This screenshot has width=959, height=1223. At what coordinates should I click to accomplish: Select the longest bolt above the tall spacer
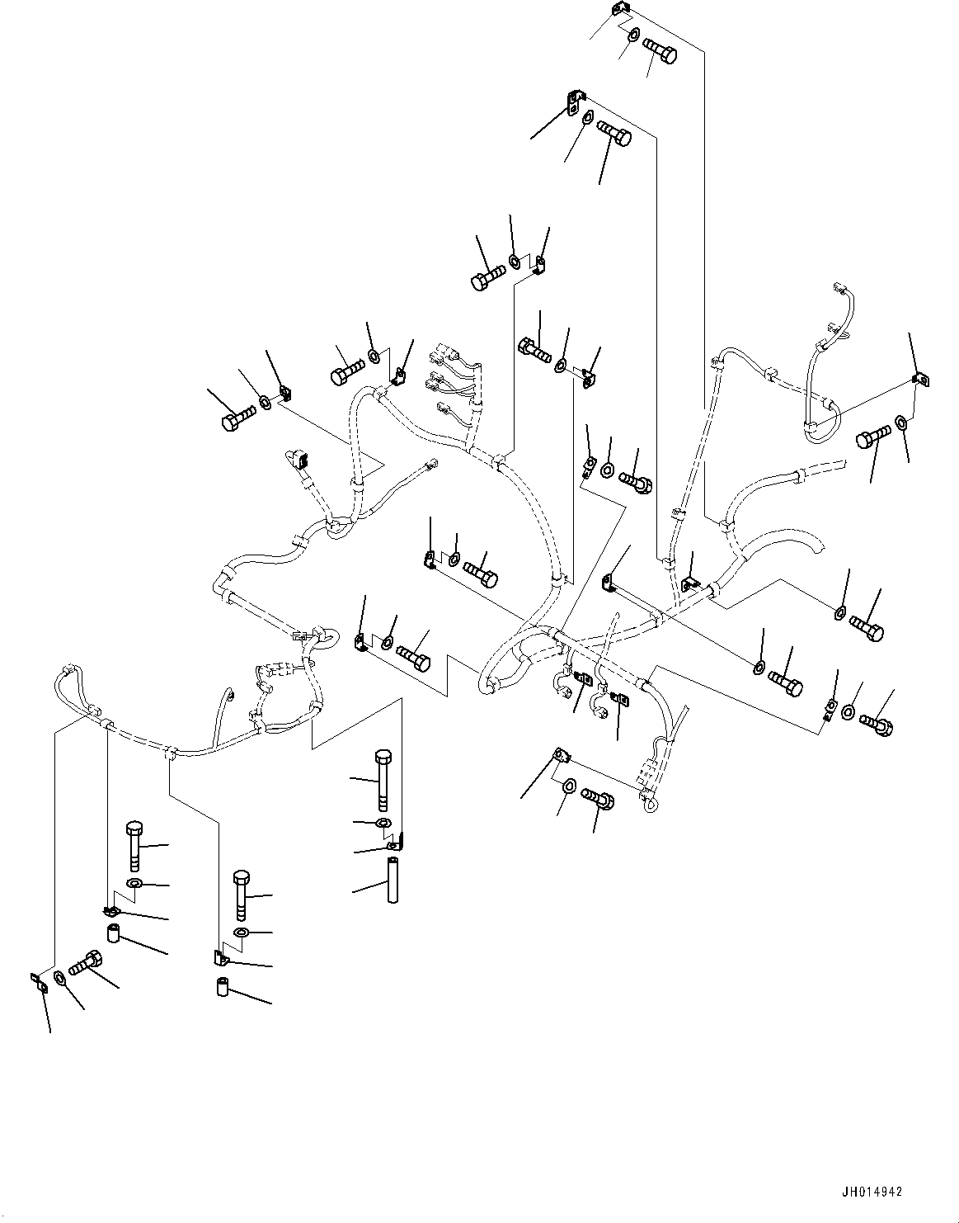coord(382,779)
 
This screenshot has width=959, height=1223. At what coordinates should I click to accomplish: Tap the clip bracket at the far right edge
coord(920,380)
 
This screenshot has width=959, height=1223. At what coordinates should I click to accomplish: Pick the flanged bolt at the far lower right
coord(877,725)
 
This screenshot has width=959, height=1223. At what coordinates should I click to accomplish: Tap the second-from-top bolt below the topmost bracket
coord(613,133)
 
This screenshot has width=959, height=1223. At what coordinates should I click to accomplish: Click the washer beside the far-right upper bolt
coord(902,424)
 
